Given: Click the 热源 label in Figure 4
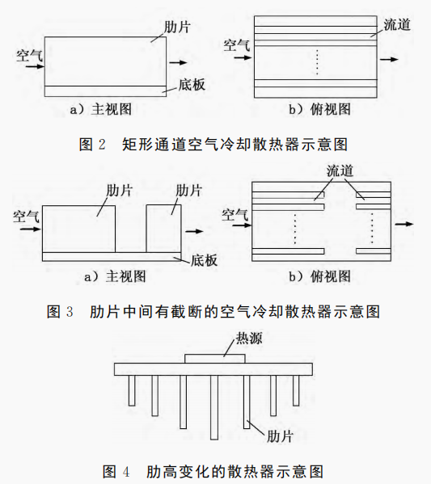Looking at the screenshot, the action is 249,339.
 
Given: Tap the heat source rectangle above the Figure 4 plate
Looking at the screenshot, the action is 215,359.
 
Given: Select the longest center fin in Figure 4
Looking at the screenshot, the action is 214,407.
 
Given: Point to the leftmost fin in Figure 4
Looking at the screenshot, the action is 132,390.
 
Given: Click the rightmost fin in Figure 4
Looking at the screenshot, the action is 296,390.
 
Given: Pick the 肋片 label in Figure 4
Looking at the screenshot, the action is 280,436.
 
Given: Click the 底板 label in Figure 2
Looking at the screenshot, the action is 192,85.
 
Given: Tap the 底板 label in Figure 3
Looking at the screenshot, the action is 205,260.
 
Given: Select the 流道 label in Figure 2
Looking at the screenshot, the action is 397,25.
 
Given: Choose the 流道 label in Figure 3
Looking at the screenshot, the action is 340,170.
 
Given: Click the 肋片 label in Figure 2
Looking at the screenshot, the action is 177,27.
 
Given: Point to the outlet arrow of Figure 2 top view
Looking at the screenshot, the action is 389,59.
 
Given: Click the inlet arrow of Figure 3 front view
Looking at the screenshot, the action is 30,229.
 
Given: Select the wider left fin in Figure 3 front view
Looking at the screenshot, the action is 78,229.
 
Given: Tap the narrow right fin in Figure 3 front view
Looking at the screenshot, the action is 163,229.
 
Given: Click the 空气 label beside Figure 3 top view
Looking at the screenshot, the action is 235,215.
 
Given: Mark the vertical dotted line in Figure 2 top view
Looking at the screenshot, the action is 317,62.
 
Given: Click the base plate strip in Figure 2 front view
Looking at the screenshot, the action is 105,91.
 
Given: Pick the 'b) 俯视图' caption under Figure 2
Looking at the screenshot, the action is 319,110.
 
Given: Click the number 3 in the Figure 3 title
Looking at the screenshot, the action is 70,311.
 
